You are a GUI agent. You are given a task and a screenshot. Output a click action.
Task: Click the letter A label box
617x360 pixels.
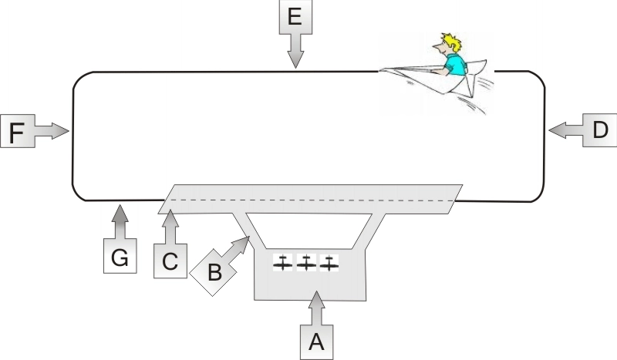tap(315, 339)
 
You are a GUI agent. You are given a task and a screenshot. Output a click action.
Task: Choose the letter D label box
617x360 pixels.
tap(599, 130)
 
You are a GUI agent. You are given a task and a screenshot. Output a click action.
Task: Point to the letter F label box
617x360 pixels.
tap(17, 132)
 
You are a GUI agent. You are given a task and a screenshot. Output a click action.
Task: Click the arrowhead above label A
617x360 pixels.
tap(315, 297)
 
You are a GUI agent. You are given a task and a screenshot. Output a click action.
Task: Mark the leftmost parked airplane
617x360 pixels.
tap(283, 264)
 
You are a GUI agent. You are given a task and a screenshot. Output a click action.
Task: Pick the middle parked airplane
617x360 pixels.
tap(306, 264)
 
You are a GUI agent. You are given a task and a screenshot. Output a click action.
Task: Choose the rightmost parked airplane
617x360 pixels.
tap(329, 264)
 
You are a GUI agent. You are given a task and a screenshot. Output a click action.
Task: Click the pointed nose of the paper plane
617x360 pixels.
tap(382, 69)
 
